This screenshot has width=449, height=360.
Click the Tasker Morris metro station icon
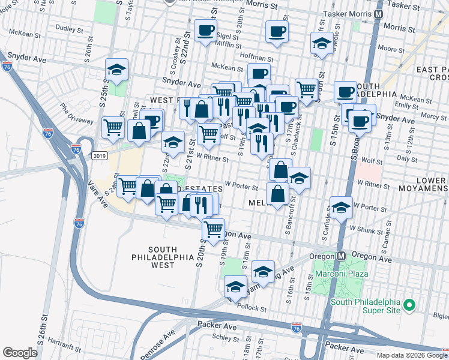[x=379, y=13]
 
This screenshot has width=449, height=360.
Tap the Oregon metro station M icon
[x=340, y=255]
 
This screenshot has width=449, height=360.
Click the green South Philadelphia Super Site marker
[x=409, y=305]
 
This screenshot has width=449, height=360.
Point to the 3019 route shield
[x=100, y=155]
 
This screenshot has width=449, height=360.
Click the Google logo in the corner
[x=20, y=353]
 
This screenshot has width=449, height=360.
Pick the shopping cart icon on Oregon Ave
[x=213, y=229]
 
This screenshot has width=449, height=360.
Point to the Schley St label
[x=224, y=337]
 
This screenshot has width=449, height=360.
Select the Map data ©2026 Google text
[x=411, y=355]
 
